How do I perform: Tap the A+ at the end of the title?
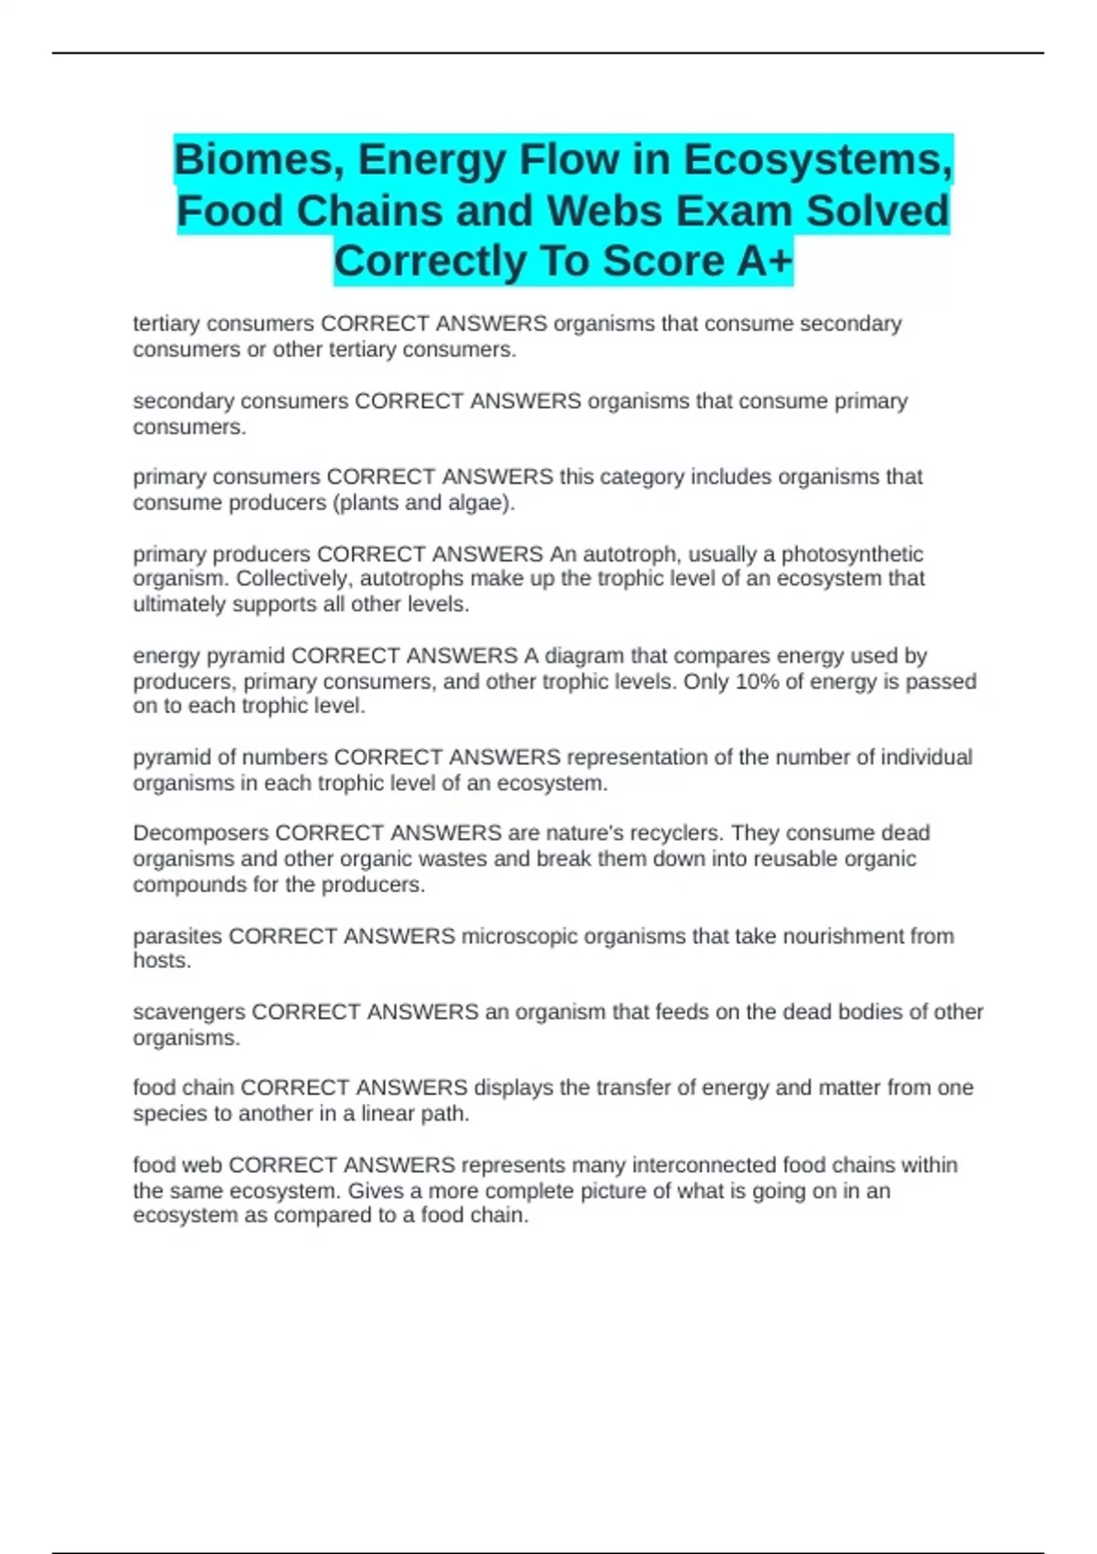(763, 261)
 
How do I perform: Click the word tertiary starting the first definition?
(166, 324)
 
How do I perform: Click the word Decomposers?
(200, 833)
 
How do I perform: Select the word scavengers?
(188, 1012)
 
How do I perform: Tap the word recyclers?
(675, 833)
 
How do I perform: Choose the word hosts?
(161, 961)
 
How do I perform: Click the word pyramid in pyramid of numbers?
(171, 757)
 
